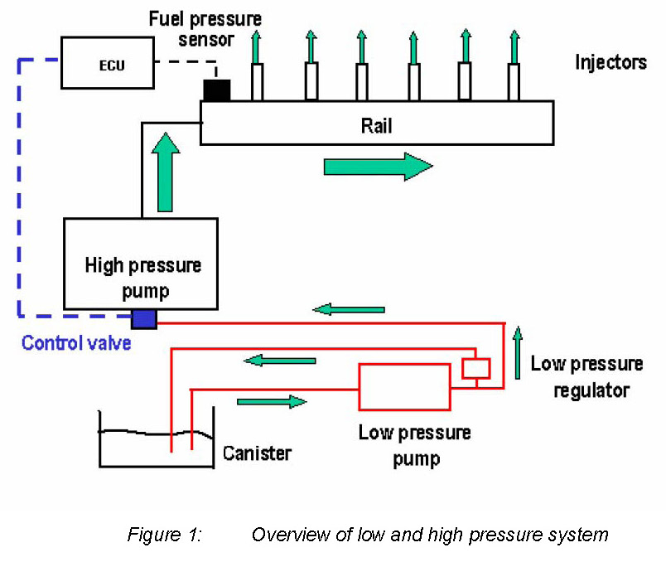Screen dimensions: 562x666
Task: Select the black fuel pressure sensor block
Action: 216,90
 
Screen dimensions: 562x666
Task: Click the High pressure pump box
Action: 142,264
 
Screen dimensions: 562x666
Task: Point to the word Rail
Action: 376,126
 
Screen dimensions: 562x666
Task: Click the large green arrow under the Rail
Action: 378,166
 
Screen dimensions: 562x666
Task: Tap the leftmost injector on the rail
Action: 257,81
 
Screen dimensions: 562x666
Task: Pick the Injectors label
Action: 611,63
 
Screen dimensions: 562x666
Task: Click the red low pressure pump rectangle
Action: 404,386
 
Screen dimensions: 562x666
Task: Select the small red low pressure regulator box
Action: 476,367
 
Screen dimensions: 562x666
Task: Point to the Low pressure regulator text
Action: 586,376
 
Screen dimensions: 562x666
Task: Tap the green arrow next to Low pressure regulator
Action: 519,352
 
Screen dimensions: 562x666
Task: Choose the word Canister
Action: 257,453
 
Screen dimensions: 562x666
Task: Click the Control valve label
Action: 76,342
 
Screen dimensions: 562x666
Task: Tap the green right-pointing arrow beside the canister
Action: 271,402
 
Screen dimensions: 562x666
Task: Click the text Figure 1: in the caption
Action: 165,535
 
